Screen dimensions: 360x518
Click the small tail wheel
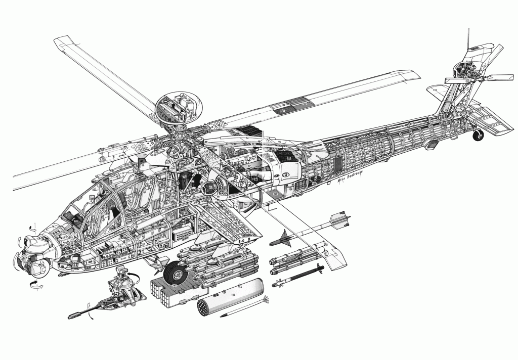click(x=477, y=136)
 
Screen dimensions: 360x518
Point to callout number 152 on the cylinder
click(x=233, y=293)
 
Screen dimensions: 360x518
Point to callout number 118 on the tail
click(x=435, y=91)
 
